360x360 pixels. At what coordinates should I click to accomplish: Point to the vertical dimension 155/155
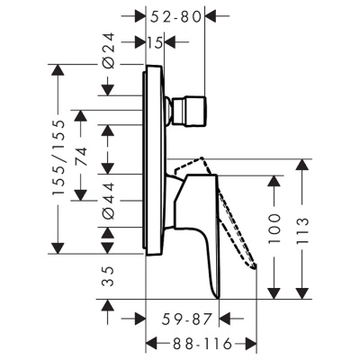(x=59, y=157)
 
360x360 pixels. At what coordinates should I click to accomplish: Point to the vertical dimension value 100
(x=275, y=231)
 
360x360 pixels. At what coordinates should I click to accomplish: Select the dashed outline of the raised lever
(x=236, y=216)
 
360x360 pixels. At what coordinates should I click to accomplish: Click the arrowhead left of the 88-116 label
(x=152, y=344)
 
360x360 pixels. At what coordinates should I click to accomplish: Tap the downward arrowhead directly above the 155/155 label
(x=59, y=72)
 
